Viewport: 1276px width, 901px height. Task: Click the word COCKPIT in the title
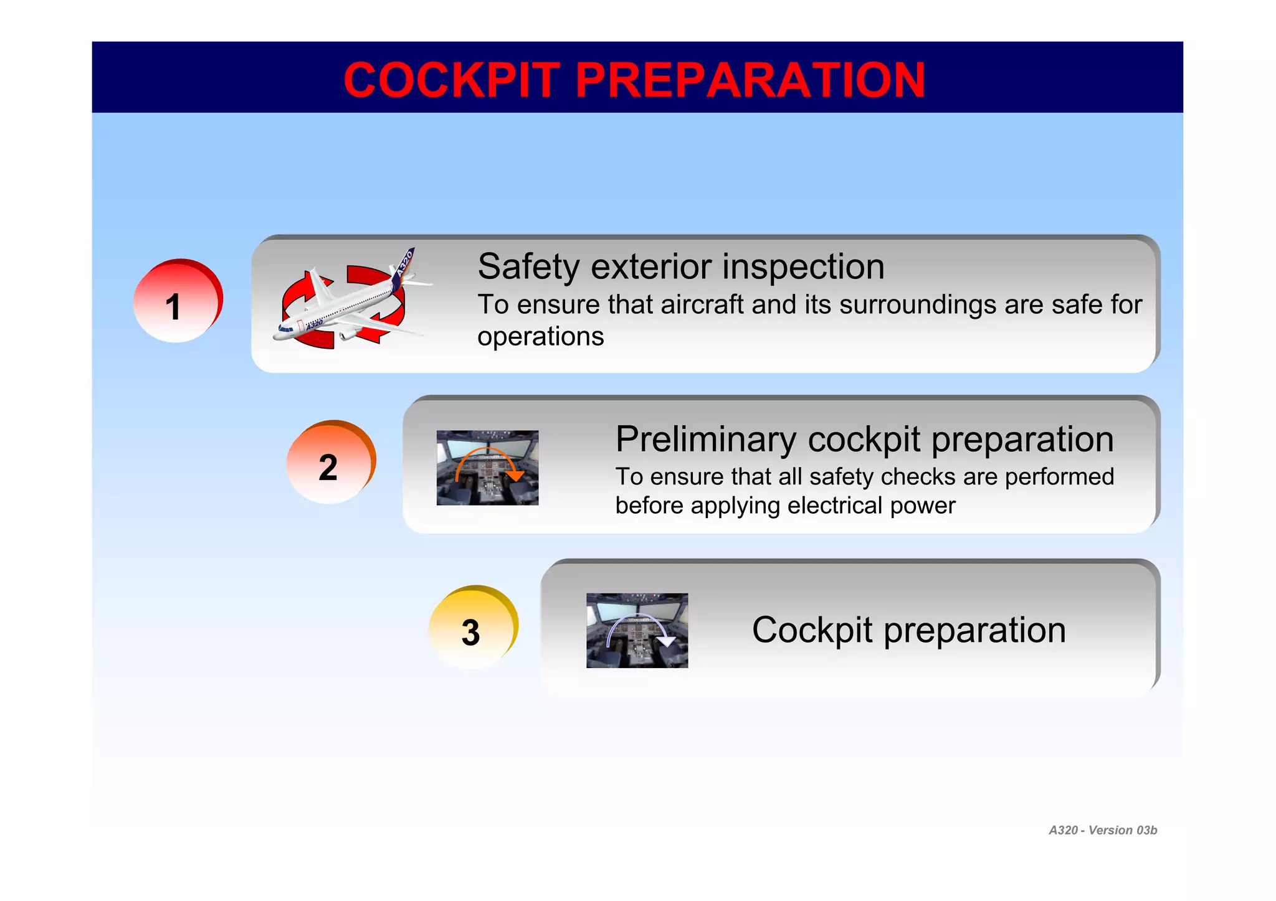(x=451, y=80)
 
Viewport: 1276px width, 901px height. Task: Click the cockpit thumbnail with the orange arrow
(x=487, y=468)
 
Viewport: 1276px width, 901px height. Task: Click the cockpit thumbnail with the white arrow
(x=637, y=630)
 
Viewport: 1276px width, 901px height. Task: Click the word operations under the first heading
(x=540, y=337)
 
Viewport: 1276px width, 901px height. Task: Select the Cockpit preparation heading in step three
(x=908, y=630)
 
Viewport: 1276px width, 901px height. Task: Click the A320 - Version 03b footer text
(x=1102, y=830)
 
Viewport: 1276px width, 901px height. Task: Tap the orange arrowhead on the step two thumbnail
(x=515, y=476)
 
